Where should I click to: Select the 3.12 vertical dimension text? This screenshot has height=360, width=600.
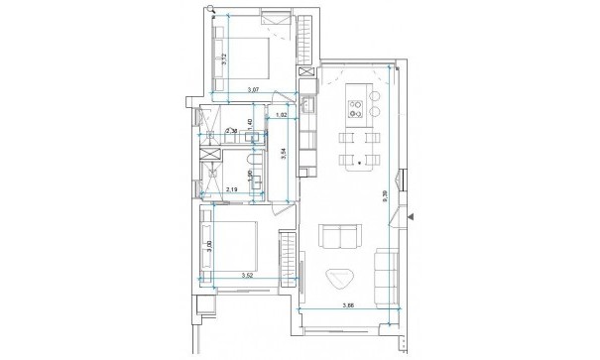click(226, 59)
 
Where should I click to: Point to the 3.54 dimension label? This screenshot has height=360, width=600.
click(285, 155)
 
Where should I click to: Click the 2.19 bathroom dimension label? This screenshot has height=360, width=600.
click(232, 188)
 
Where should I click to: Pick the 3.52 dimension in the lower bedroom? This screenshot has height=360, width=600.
click(251, 276)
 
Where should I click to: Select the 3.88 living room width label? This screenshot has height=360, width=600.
click(349, 304)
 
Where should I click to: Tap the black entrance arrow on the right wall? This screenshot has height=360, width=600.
click(416, 214)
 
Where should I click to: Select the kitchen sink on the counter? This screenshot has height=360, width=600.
click(307, 104)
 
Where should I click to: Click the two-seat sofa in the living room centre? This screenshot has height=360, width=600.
click(340, 238)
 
